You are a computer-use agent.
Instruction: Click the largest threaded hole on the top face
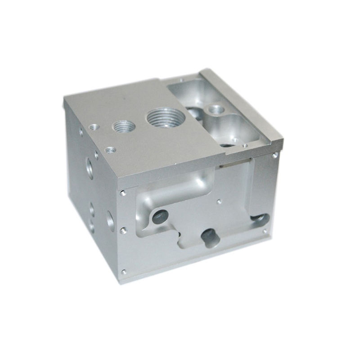(x=164, y=117)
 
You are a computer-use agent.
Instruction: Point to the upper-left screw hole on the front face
(x=122, y=193)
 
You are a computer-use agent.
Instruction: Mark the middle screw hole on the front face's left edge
(x=123, y=230)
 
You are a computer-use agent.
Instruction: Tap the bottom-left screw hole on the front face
(x=124, y=271)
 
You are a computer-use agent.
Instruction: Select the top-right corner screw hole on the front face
(x=275, y=155)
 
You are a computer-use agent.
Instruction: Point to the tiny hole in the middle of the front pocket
(x=218, y=201)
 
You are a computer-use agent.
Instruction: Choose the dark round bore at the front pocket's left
(x=158, y=217)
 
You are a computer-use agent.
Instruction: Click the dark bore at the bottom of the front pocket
(x=208, y=235)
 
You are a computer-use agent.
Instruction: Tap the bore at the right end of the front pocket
(x=261, y=219)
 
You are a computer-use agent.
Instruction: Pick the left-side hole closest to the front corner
(x=109, y=219)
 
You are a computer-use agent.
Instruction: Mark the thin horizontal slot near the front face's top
(x=232, y=164)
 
